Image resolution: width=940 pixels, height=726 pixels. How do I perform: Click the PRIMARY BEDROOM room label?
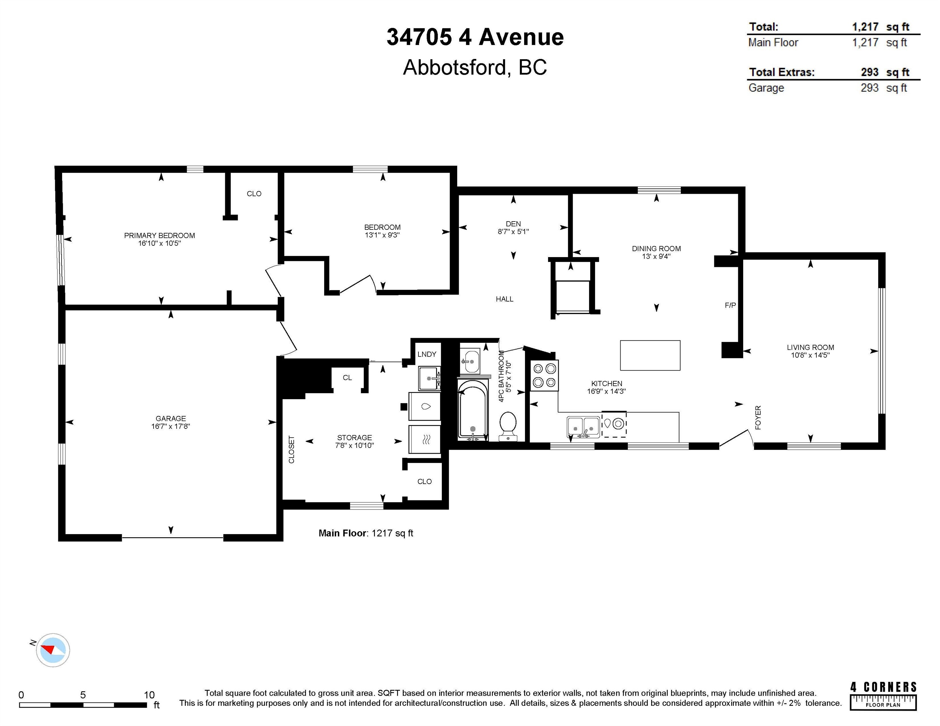(x=159, y=235)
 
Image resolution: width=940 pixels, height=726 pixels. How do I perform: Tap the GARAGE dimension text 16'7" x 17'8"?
(x=171, y=426)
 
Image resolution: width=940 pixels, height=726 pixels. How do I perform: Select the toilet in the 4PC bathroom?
(x=508, y=426)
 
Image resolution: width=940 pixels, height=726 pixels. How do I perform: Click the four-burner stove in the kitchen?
(x=545, y=375)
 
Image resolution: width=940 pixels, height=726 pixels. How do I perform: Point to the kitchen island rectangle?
(x=650, y=355)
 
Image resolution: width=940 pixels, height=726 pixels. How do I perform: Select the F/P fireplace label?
(x=730, y=305)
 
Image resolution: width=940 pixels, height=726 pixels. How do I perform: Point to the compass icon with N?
(x=52, y=650)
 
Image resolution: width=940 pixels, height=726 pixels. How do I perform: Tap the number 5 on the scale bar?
(x=83, y=694)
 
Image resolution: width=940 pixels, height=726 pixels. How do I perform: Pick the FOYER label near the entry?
(x=758, y=417)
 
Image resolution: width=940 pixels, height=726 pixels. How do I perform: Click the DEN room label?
(x=513, y=224)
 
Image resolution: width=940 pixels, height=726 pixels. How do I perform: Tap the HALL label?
(x=505, y=299)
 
